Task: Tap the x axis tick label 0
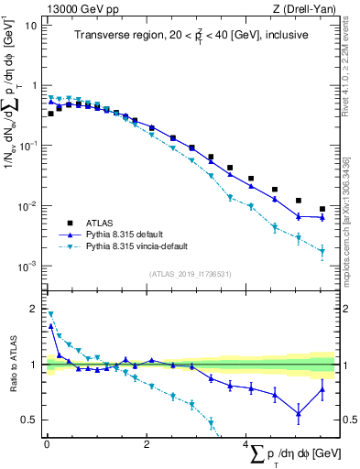tap(47, 444)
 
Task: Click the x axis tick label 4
tap(245, 444)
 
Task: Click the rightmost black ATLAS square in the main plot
tap(322, 209)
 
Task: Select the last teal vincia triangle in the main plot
tap(322, 251)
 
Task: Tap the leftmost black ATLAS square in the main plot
tap(51, 114)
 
